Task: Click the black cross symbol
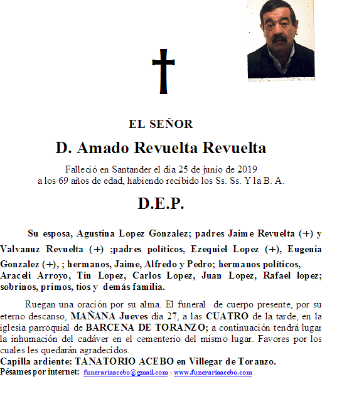point(163,72)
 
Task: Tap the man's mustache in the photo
point(280,38)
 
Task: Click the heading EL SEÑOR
point(161,124)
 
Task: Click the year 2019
point(246,169)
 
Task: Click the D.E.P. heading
point(161,204)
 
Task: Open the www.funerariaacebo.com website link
point(213,373)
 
